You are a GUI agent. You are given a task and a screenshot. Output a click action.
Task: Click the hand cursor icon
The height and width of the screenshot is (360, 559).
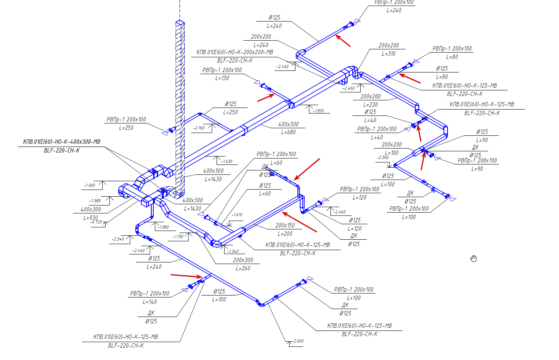point(473,259)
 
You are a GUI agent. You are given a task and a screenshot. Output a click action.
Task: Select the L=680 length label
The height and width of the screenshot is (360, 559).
point(288,132)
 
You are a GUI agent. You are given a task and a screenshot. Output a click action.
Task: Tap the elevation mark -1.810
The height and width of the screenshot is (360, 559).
point(319,111)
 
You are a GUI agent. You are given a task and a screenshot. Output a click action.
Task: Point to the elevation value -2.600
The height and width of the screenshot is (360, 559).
point(298,341)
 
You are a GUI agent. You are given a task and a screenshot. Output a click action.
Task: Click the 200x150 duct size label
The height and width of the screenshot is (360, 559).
point(285,225)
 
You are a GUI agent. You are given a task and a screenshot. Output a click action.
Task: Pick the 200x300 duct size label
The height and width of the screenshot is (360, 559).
point(243,260)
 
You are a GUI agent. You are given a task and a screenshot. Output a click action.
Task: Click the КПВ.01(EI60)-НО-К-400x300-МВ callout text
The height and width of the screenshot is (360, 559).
point(62,142)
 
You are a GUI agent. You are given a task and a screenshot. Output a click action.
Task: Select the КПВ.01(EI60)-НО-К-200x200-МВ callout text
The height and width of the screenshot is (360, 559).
point(235,52)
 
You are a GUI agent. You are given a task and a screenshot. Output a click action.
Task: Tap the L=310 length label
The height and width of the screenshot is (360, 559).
point(389,54)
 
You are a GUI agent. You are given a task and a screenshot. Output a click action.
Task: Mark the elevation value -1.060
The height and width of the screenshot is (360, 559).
point(90,185)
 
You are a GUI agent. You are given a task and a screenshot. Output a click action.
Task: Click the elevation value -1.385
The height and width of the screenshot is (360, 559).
point(95,201)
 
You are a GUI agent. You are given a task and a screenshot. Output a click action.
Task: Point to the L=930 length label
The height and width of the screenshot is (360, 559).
point(90,217)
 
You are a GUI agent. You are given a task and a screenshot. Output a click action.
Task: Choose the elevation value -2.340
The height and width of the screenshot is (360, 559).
point(118,239)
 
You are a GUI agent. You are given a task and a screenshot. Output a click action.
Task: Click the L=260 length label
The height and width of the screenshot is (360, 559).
point(243,268)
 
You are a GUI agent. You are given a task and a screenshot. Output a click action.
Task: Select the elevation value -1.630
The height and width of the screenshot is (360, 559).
point(227,161)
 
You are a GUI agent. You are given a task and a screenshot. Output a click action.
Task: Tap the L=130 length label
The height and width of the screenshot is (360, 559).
point(222,78)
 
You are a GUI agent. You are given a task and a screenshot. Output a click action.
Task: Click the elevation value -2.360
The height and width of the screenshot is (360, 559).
point(383,157)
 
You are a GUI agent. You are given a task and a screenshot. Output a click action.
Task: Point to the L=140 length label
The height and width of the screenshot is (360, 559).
point(150,302)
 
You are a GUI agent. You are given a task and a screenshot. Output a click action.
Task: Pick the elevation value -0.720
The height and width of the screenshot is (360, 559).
point(97,222)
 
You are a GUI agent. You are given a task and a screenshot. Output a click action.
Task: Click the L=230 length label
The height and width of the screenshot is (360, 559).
point(370,105)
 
